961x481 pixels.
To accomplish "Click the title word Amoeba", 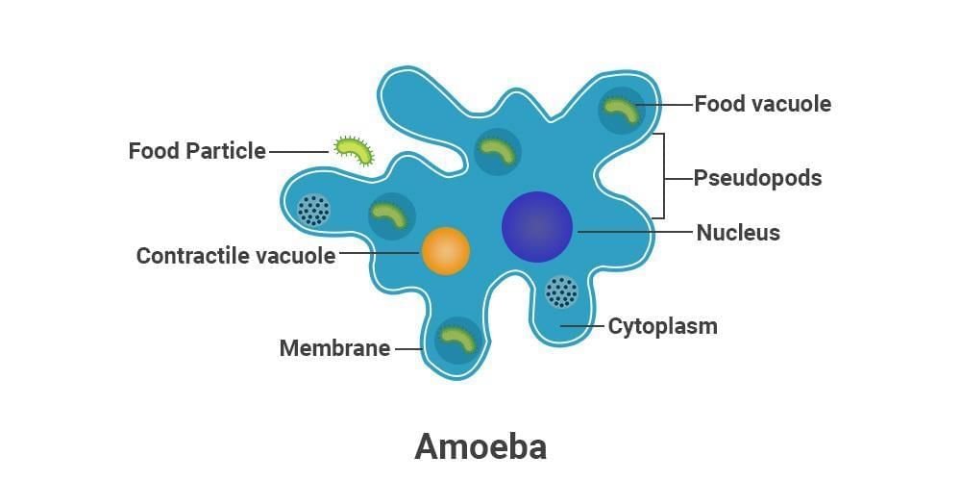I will tap(480, 445).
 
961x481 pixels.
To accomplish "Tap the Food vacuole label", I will tap(762, 104).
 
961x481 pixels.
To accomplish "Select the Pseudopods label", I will tap(758, 178).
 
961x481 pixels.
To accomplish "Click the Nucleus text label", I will tap(738, 232).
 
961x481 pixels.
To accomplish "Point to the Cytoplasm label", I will tap(662, 326).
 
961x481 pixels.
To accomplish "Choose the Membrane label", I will tap(334, 348).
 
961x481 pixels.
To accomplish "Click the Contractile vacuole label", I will tap(235, 256).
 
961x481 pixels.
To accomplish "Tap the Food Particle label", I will tap(197, 151).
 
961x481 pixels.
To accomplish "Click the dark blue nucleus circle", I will tap(537, 227).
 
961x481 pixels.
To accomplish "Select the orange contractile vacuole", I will tap(446, 251).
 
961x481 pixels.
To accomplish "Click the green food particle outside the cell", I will tap(354, 150).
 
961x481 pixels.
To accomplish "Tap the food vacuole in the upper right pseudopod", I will tap(622, 111).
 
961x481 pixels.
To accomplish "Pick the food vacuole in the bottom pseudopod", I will tap(458, 340).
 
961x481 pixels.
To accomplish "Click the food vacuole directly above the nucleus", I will tap(498, 150).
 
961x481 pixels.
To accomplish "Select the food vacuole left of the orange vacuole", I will tap(391, 215).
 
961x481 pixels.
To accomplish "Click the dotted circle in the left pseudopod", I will tap(313, 209).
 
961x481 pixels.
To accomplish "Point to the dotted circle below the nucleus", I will tap(561, 291).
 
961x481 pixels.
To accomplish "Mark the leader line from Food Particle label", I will tap(299, 151).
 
